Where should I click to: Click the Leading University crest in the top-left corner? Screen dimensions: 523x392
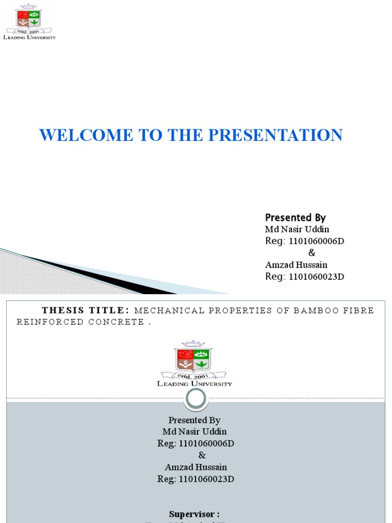pos(30,18)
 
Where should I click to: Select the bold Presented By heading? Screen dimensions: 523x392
pos(295,217)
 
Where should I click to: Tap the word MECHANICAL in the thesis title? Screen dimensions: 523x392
pos(172,311)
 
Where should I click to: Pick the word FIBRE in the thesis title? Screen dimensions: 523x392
pos(361,311)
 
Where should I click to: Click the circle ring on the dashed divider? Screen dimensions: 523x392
pos(196,398)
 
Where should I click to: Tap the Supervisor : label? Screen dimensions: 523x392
pos(194,514)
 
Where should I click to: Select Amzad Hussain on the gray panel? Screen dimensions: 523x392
pos(195,467)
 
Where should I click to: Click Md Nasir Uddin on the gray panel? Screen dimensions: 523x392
pos(194,432)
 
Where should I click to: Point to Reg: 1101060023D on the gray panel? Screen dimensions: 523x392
pos(195,479)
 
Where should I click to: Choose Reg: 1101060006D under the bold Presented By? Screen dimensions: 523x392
pos(305,241)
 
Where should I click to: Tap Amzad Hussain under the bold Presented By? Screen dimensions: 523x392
pos(296,265)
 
